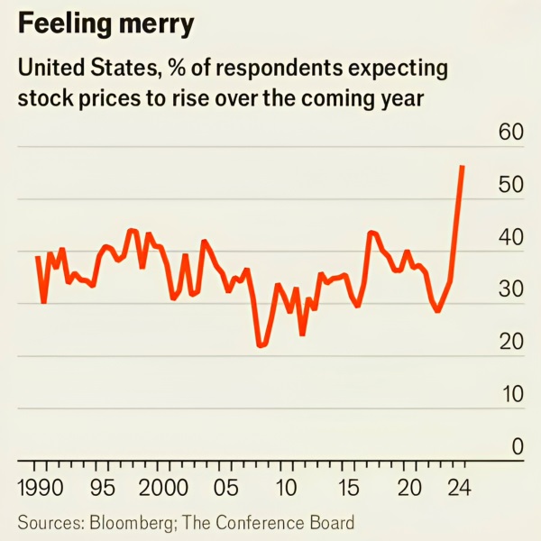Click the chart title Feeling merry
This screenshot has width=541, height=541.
tap(105, 24)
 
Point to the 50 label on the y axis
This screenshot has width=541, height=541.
tap(510, 185)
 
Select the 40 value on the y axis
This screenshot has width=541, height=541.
tap(510, 237)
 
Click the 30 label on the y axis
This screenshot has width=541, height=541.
tap(510, 289)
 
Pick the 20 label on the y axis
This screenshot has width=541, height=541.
tap(510, 342)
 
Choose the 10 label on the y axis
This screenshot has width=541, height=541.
tap(510, 394)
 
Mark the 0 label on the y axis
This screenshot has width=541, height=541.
tap(517, 446)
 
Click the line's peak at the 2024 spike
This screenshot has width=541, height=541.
tap(463, 166)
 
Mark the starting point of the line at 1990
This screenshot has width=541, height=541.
tap(38, 257)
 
